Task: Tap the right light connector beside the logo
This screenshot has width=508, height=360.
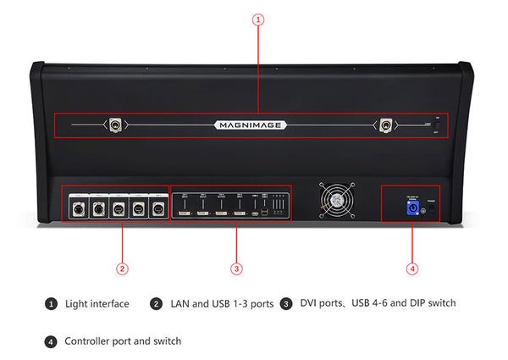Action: (x=386, y=125)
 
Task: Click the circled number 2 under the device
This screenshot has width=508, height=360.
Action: (x=122, y=269)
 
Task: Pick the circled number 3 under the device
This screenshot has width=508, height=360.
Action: (x=237, y=269)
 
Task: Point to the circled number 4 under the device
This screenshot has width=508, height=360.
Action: (x=412, y=269)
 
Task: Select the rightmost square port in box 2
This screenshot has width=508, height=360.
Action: (x=157, y=208)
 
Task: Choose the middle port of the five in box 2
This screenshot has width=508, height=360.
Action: (x=117, y=208)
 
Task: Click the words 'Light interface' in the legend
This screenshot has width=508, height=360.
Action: (x=97, y=303)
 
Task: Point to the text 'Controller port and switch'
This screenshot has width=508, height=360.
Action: (x=123, y=341)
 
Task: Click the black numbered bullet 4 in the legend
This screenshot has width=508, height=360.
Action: (x=52, y=341)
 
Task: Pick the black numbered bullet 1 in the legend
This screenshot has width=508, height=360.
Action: (x=52, y=303)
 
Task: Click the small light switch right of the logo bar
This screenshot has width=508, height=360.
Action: (x=437, y=125)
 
